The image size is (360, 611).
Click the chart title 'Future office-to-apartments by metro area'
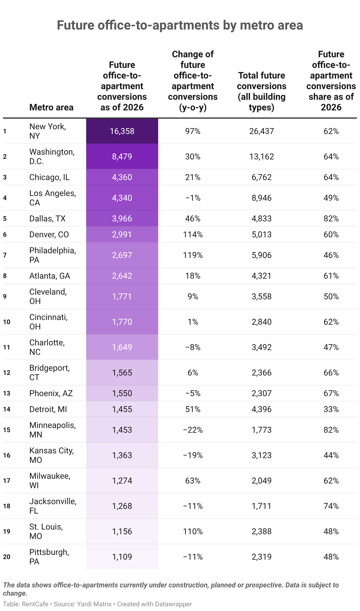pyautogui.click(x=180, y=25)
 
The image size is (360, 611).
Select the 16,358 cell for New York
pyautogui.click(x=122, y=131)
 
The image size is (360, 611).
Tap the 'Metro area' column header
pyautogui.click(x=51, y=107)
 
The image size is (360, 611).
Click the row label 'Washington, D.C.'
pyautogui.click(x=52, y=156)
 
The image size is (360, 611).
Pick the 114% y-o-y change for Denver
pyautogui.click(x=193, y=235)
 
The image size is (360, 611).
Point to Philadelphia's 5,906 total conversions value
pyautogui.click(x=261, y=255)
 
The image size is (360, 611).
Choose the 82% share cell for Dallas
pyautogui.click(x=331, y=219)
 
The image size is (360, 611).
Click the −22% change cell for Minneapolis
pyautogui.click(x=193, y=430)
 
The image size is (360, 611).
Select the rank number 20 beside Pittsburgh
pyautogui.click(x=7, y=557)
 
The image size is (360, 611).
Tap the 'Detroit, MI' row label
pyautogui.click(x=48, y=409)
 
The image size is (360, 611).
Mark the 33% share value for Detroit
pyautogui.click(x=331, y=409)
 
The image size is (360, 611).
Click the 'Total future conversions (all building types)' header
pyautogui.click(x=261, y=91)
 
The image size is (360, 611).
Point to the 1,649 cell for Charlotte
pyautogui.click(x=122, y=347)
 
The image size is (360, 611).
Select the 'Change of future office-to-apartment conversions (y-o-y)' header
pyautogui.click(x=193, y=81)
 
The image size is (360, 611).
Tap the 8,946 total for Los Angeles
pyautogui.click(x=261, y=198)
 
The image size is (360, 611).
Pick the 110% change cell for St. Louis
pyautogui.click(x=193, y=532)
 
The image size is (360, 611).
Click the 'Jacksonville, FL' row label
pyautogui.click(x=53, y=506)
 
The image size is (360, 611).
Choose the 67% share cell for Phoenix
pyautogui.click(x=331, y=393)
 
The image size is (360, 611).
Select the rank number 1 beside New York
pyautogui.click(x=5, y=131)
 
